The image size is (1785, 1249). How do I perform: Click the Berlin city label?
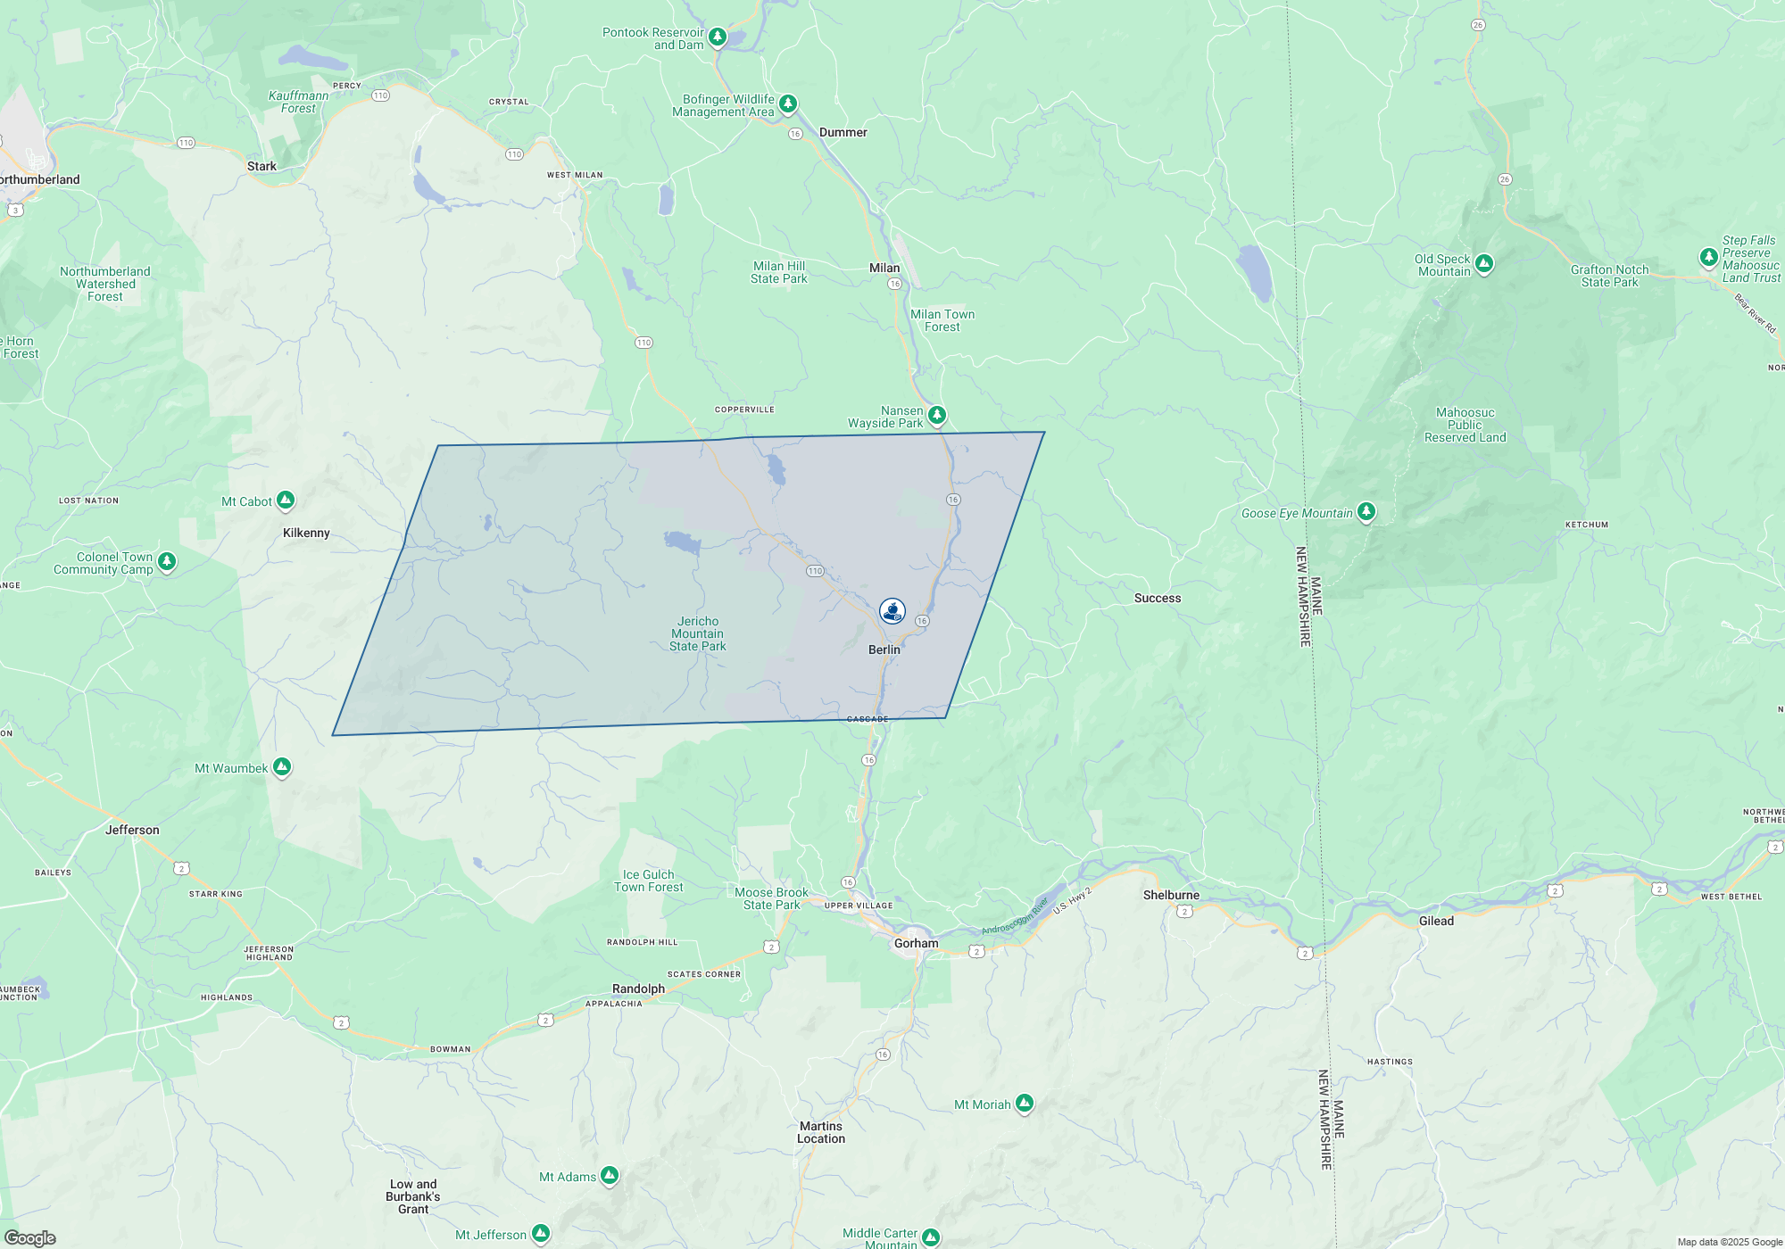884,649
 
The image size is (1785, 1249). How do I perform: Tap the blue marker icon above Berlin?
892,610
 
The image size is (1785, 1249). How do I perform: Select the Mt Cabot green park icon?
286,500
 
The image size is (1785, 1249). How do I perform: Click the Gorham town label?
917,943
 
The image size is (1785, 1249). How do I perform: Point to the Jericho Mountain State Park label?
698,633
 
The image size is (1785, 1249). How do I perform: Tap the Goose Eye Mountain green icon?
1366,511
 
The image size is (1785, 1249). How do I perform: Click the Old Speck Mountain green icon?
1484,263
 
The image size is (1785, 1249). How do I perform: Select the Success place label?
1158,598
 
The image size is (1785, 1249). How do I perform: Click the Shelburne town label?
1171,895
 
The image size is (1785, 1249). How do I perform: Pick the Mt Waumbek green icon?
282,766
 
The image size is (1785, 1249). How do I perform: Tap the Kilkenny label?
306,533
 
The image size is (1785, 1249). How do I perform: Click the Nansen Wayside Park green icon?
937,415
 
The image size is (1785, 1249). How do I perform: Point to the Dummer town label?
843,132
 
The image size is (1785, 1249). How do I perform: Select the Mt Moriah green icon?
1025,1104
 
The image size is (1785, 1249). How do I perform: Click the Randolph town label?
638,988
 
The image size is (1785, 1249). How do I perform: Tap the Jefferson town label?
132,830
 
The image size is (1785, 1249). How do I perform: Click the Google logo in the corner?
30,1238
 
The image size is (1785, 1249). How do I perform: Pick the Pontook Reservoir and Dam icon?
718,37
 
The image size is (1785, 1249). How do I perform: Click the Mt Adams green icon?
610,1176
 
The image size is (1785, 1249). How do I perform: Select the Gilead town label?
1436,921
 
